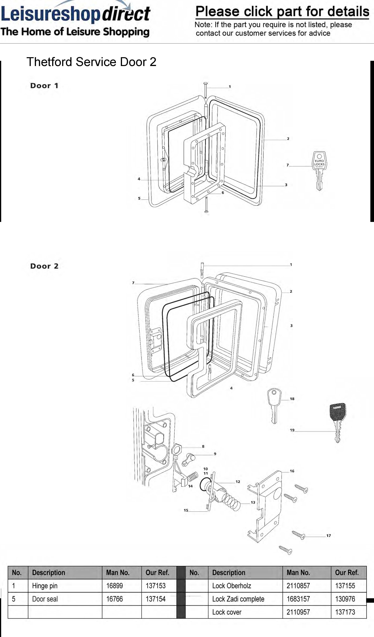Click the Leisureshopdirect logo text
pos(76,14)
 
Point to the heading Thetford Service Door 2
pos(91,62)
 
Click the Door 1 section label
pos(44,86)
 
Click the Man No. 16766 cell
pos(122,599)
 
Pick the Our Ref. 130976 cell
pos(349,599)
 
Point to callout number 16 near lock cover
pos(292,471)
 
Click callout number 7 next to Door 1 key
pos(287,165)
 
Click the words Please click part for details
pos(282,11)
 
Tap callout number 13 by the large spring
pos(253,502)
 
